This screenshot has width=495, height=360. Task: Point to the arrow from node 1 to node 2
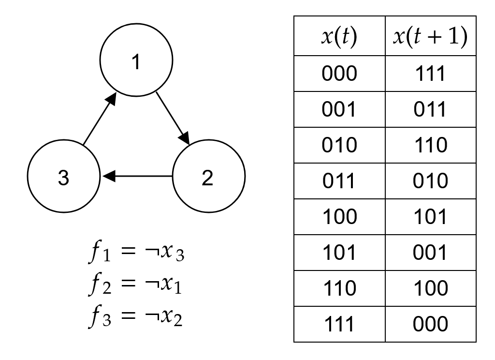tap(173, 118)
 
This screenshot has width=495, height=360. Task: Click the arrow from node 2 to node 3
tap(137, 176)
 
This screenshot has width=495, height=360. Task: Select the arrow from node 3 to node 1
tap(100, 119)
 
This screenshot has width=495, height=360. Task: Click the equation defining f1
tap(136, 251)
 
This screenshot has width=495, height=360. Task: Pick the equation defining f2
tap(135, 284)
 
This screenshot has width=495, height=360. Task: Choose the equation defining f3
tap(135, 316)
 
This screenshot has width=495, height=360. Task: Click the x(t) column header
tap(339, 36)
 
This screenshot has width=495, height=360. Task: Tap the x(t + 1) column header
tap(431, 36)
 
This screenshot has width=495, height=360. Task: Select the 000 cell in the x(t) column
tap(339, 74)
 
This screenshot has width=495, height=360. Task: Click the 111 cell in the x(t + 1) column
tap(431, 74)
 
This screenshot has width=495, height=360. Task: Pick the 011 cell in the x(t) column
tap(339, 181)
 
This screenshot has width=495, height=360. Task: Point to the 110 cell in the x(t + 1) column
tap(431, 145)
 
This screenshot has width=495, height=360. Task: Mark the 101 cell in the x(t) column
tap(339, 253)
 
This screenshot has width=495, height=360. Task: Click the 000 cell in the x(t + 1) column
tap(431, 324)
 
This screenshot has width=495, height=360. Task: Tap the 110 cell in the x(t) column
tap(339, 288)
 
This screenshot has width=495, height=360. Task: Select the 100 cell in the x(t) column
tap(339, 217)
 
